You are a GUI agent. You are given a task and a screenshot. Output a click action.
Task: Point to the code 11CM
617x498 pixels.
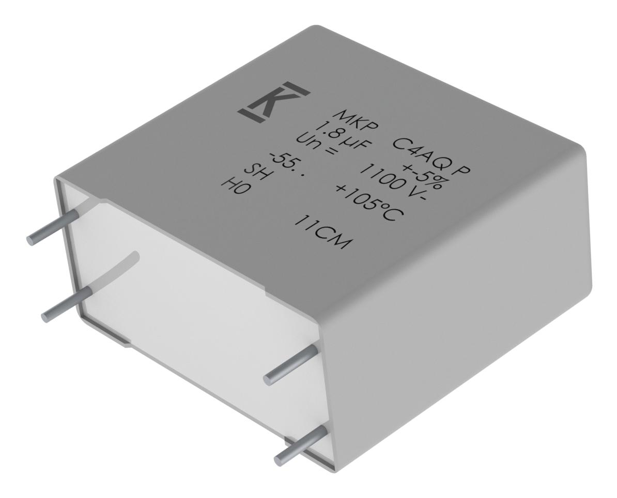pyautogui.click(x=320, y=232)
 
